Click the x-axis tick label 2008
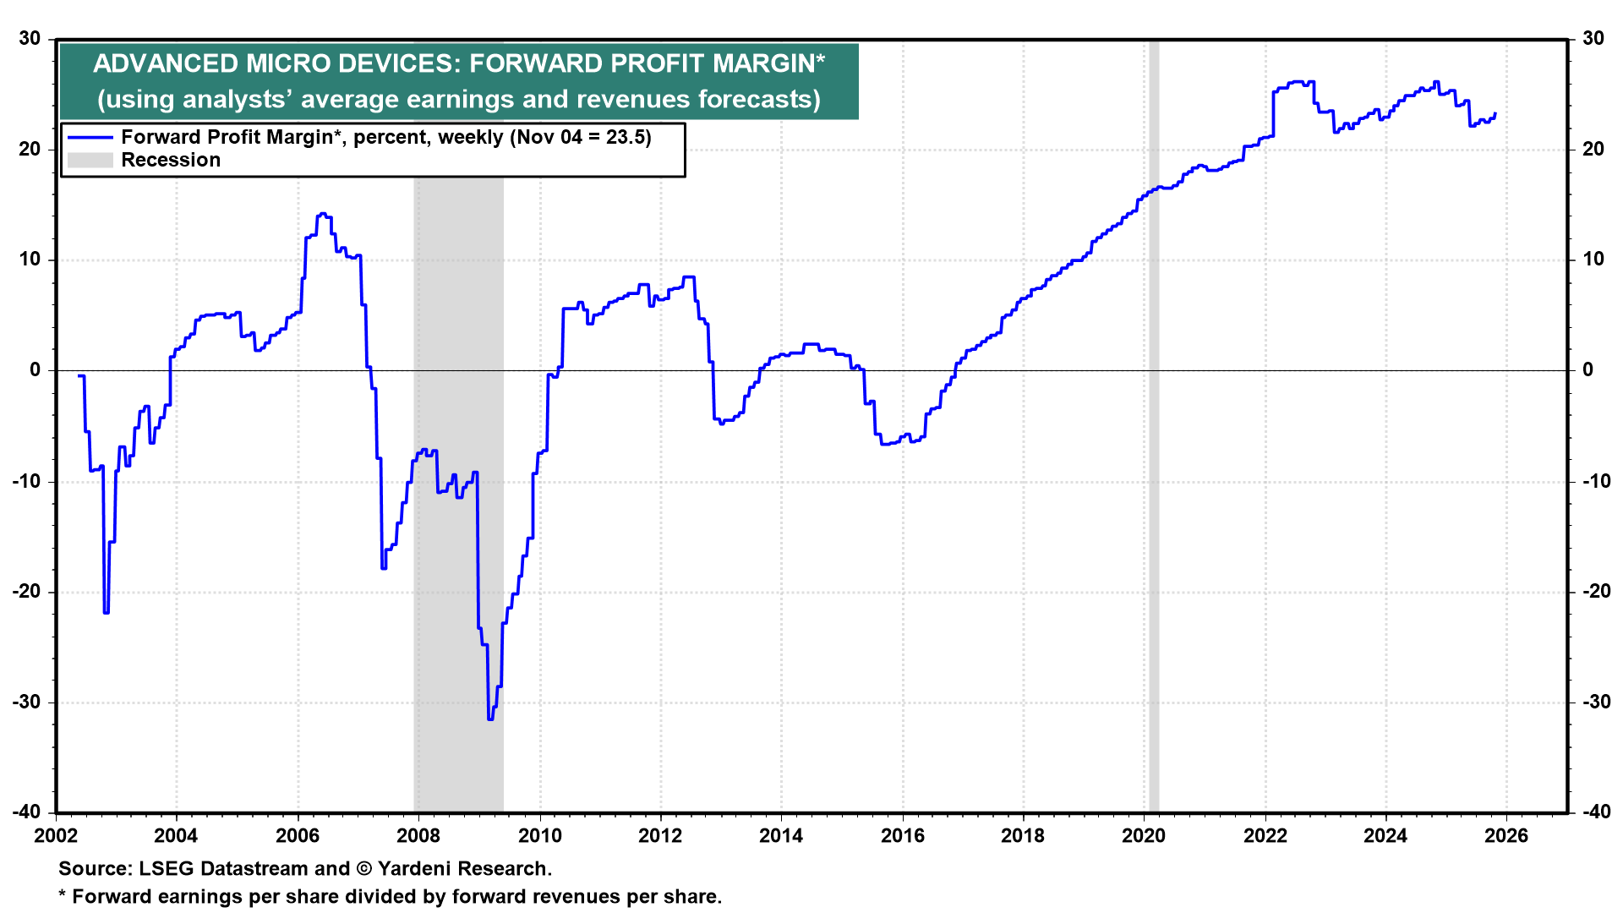tap(418, 836)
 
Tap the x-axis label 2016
tap(902, 836)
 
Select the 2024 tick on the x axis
tap(1385, 836)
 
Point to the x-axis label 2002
tap(56, 836)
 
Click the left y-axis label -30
tap(28, 703)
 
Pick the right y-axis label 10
tap(1593, 260)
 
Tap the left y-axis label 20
tap(30, 150)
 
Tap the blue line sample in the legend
tap(90, 138)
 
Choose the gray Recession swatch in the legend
tap(90, 161)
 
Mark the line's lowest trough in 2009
tap(490, 719)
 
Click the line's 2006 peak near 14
tap(322, 215)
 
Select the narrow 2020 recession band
tap(1154, 423)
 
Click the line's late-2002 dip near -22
tap(106, 612)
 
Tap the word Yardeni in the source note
tap(416, 869)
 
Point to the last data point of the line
tap(1495, 113)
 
